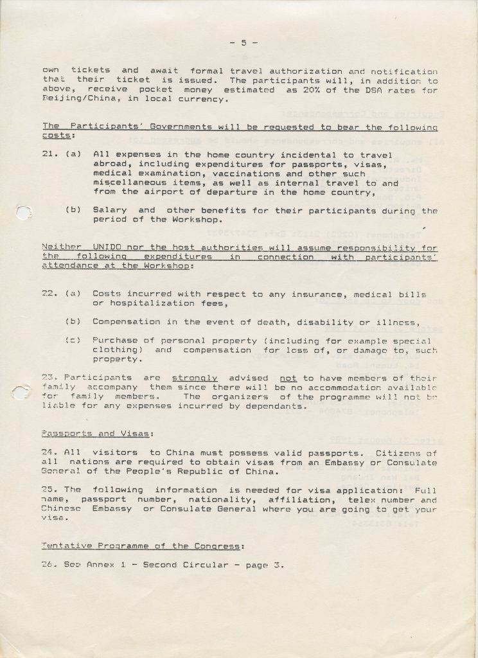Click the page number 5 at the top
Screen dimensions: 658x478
click(x=243, y=43)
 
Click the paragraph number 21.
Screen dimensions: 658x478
click(x=50, y=155)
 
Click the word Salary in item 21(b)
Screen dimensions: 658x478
click(x=109, y=210)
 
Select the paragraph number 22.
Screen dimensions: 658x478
click(x=50, y=294)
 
